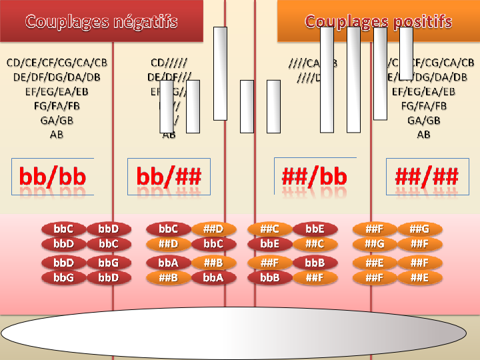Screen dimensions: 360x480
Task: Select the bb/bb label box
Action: (53, 177)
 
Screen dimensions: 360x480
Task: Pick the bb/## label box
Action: (169, 177)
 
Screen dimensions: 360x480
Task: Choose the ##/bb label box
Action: (315, 177)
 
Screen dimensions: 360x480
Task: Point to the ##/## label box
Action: (427, 177)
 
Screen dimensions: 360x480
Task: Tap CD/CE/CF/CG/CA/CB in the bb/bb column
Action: (57, 63)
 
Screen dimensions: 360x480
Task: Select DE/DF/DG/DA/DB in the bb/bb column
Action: (57, 77)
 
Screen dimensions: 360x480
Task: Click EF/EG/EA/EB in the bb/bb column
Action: (57, 91)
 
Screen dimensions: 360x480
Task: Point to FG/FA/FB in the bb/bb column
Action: (57, 106)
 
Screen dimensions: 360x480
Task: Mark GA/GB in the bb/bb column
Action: (57, 120)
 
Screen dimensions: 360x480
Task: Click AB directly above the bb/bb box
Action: (57, 134)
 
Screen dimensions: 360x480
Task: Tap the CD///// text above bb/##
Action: (169, 63)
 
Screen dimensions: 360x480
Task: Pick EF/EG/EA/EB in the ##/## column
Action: (423, 91)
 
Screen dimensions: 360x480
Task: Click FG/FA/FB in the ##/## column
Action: (423, 106)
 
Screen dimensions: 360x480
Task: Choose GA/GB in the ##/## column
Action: (423, 120)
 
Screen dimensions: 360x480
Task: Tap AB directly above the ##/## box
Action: (423, 134)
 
